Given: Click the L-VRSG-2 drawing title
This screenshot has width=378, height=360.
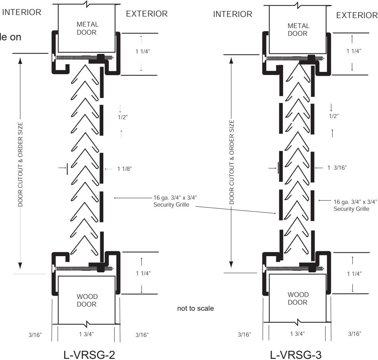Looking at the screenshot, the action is pyautogui.click(x=89, y=355).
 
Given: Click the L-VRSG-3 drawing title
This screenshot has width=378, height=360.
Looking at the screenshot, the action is pyautogui.click(x=295, y=355).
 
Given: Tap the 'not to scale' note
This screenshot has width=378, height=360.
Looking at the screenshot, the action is pyautogui.click(x=196, y=308).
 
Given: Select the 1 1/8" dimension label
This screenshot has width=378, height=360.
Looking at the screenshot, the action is pyautogui.click(x=124, y=169).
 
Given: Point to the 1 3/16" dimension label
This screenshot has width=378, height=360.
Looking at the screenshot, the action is pyautogui.click(x=337, y=167).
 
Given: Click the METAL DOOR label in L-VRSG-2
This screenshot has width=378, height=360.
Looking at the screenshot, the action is pyautogui.click(x=87, y=28).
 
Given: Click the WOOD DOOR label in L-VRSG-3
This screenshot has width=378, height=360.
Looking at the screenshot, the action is pyautogui.click(x=298, y=298).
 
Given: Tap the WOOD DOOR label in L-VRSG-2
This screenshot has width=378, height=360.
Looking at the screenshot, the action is pyautogui.click(x=87, y=300).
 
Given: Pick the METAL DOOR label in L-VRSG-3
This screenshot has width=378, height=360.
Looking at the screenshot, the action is pyautogui.click(x=298, y=30).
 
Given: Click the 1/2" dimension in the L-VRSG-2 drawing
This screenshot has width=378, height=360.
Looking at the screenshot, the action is pyautogui.click(x=123, y=117).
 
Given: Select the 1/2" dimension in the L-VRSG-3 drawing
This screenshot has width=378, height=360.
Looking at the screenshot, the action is pyautogui.click(x=334, y=116).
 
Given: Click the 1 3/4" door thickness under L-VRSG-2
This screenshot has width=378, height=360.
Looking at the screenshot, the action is pyautogui.click(x=86, y=334).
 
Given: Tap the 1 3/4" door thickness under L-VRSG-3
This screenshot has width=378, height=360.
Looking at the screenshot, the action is pyautogui.click(x=297, y=334).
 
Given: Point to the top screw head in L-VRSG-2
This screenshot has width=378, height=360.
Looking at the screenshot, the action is pyautogui.click(x=53, y=58).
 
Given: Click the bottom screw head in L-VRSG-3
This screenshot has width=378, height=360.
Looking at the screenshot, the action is pyautogui.click(x=265, y=268).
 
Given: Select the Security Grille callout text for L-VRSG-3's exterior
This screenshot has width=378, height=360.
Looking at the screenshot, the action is pyautogui.click(x=355, y=205).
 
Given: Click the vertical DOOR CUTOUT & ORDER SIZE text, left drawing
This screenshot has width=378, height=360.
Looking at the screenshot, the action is pyautogui.click(x=20, y=164).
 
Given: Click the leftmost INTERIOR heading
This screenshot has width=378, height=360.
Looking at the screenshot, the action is pyautogui.click(x=22, y=12).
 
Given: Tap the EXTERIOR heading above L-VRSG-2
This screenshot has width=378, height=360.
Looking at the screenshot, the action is pyautogui.click(x=147, y=14).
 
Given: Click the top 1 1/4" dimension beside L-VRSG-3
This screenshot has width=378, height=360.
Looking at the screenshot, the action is pyautogui.click(x=354, y=51).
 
